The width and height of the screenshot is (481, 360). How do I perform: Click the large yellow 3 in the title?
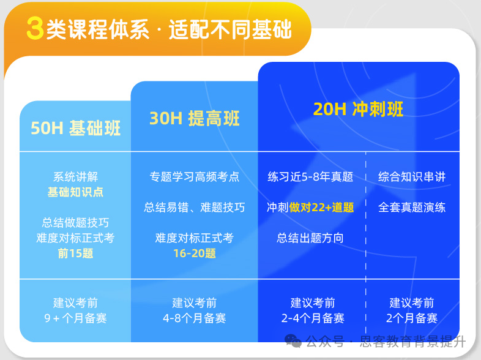(x=35, y=29)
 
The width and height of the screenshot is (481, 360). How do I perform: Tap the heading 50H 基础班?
(x=75, y=128)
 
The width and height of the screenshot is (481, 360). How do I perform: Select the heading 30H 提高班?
(x=194, y=118)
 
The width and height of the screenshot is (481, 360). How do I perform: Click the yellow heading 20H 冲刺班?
(x=358, y=109)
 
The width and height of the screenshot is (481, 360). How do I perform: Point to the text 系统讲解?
(x=75, y=177)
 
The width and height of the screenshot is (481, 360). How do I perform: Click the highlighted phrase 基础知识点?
(x=75, y=192)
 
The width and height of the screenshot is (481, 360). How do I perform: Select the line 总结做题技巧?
(x=75, y=222)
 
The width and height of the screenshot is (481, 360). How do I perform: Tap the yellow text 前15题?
(x=75, y=253)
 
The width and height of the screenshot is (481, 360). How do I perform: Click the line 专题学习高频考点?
(x=194, y=177)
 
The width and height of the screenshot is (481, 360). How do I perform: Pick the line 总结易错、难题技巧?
(x=194, y=208)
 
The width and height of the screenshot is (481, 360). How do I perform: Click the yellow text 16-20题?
(x=194, y=253)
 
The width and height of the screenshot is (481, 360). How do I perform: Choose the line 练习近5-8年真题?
(x=310, y=177)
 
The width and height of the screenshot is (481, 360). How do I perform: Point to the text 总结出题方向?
(x=310, y=238)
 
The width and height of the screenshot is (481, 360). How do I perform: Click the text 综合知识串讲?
(x=412, y=177)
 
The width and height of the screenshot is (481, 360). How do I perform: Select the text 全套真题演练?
(x=412, y=208)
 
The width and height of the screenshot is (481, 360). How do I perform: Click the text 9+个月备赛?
(x=75, y=318)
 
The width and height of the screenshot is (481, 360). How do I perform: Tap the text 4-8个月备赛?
(x=194, y=318)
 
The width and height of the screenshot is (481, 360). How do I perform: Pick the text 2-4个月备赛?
(x=312, y=318)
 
